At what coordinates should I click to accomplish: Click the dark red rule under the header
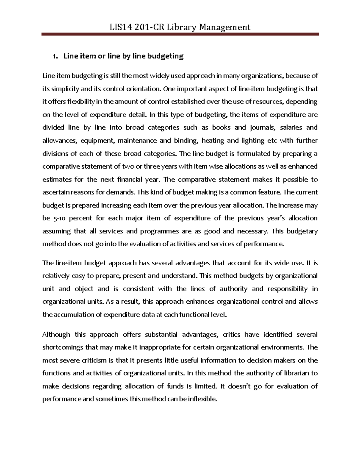[180, 35]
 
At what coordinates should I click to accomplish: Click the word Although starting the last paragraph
[56, 335]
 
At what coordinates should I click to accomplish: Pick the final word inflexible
[201, 399]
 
